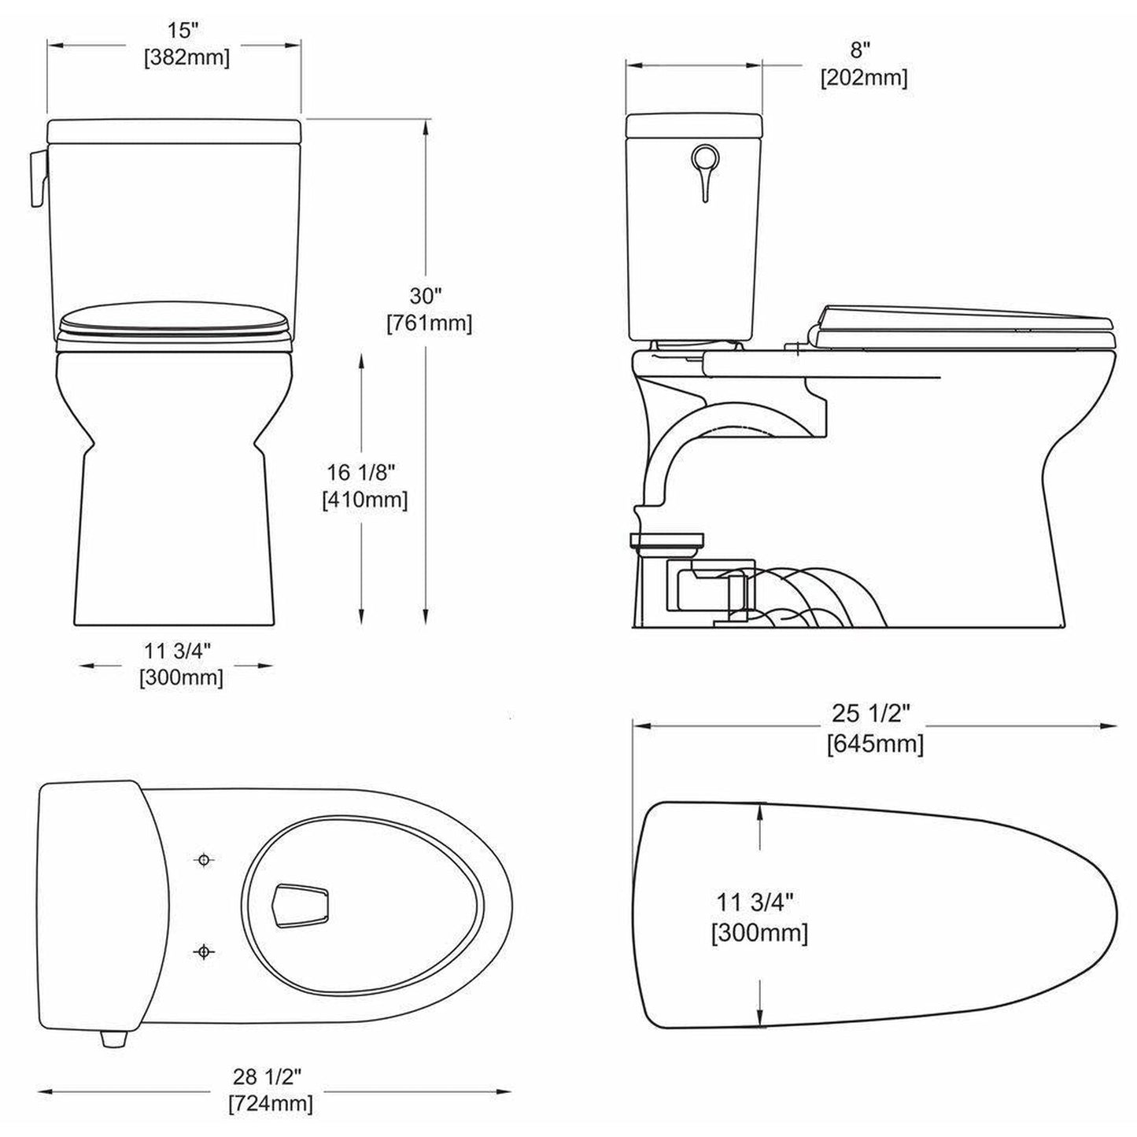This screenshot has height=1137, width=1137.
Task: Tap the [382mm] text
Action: coord(186,58)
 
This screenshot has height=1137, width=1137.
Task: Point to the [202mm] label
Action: coord(863,78)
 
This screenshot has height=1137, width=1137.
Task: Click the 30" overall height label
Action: coord(426,296)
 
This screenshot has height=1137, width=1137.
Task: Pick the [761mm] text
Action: coord(429,323)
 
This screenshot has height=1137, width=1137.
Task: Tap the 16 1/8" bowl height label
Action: coord(361,472)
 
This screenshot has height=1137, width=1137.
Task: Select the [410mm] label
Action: coord(364,500)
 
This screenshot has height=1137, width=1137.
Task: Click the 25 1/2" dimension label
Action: coord(872,713)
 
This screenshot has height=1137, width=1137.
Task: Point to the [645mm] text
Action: coord(875,743)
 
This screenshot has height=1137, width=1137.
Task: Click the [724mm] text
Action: coord(270,1103)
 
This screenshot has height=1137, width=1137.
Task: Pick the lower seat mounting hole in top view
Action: coord(204,952)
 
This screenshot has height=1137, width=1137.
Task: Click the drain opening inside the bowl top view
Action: coord(300,906)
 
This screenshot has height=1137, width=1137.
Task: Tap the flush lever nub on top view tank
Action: coord(113,1039)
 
